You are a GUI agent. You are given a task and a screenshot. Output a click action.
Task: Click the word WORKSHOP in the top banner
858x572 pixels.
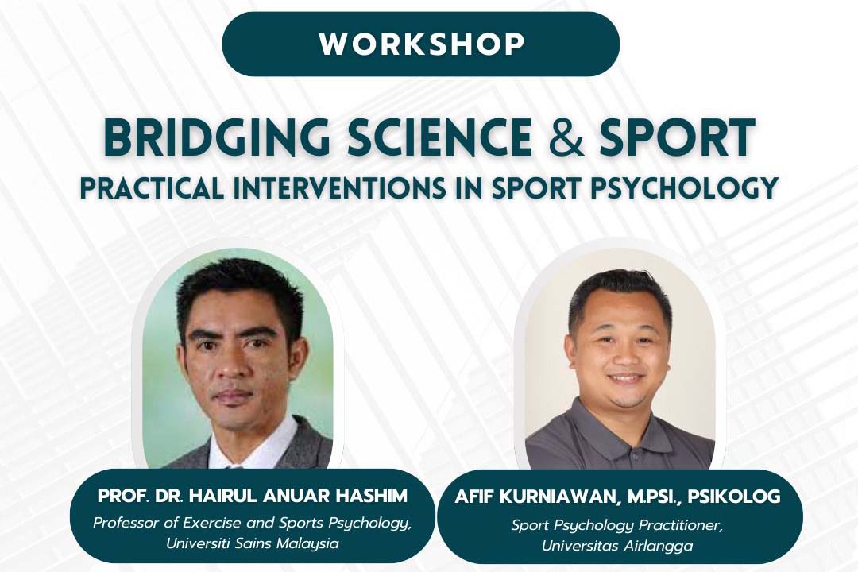[x=422, y=44]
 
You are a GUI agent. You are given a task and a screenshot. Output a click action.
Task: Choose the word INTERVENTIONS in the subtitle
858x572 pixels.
[x=339, y=187]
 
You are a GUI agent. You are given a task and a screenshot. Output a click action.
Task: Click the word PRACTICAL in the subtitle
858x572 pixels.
[x=152, y=187]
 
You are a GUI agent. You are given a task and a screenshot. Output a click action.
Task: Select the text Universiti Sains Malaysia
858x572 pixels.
[x=253, y=543]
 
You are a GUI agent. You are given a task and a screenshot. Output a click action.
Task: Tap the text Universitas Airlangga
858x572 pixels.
[x=617, y=546]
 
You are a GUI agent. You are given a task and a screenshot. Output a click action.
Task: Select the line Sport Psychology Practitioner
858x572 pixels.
[x=617, y=525]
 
